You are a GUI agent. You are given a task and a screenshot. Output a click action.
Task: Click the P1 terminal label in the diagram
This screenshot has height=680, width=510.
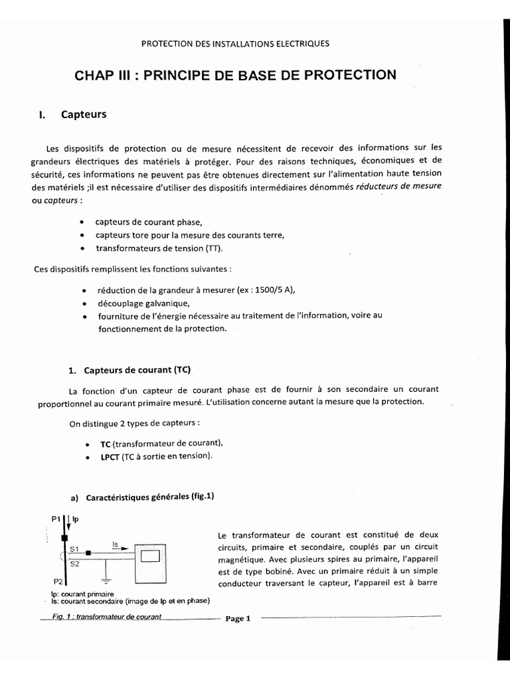pyautogui.click(x=55, y=518)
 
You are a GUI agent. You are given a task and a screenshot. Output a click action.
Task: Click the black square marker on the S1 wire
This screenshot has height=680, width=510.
pyautogui.click(x=88, y=552)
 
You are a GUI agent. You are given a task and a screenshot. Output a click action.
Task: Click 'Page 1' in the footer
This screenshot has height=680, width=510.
pyautogui.click(x=237, y=619)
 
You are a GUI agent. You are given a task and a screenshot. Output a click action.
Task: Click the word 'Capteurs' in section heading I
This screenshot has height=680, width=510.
pyautogui.click(x=84, y=114)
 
